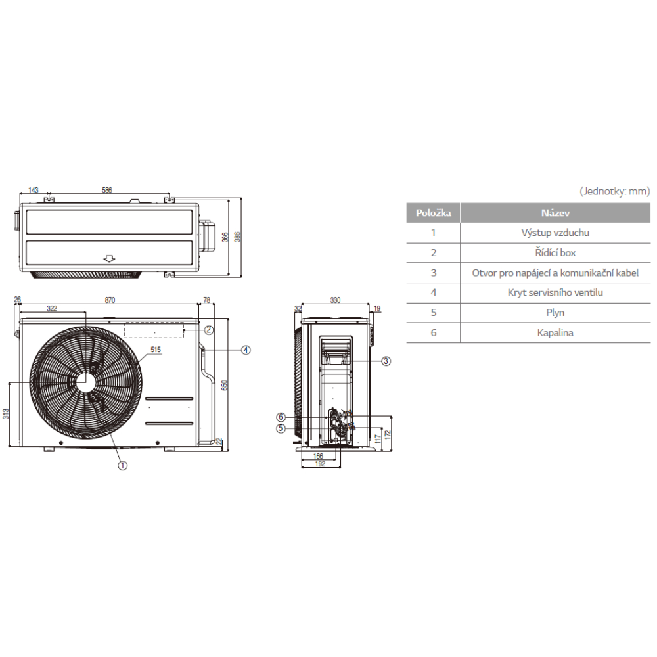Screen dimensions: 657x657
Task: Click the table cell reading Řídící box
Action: pos(555,253)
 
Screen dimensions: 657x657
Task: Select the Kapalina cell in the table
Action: pos(555,332)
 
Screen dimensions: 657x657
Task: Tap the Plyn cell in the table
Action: pos(555,313)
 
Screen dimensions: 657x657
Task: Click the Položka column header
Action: pos(433,213)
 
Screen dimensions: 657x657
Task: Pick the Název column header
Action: pos(555,213)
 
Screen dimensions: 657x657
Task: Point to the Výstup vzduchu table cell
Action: pos(555,233)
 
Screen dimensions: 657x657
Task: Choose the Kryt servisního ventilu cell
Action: pos(555,292)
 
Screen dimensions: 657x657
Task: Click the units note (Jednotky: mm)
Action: pos(615,191)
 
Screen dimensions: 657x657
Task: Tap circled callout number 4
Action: pos(246,350)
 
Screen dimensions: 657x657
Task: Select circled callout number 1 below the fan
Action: pos(122,465)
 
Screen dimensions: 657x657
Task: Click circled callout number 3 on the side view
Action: pos(386,361)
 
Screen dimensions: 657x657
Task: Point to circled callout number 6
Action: pos(281,417)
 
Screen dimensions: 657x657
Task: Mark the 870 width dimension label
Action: pos(110,300)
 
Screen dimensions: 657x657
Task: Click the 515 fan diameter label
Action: pos(156,350)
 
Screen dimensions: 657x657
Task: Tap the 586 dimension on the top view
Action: pos(107,190)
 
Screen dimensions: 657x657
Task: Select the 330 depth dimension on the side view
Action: pos(335,300)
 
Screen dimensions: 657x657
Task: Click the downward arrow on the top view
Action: pos(109,258)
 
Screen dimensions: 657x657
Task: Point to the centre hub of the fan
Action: pos(85,382)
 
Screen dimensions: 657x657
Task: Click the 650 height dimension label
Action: pos(224,385)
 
